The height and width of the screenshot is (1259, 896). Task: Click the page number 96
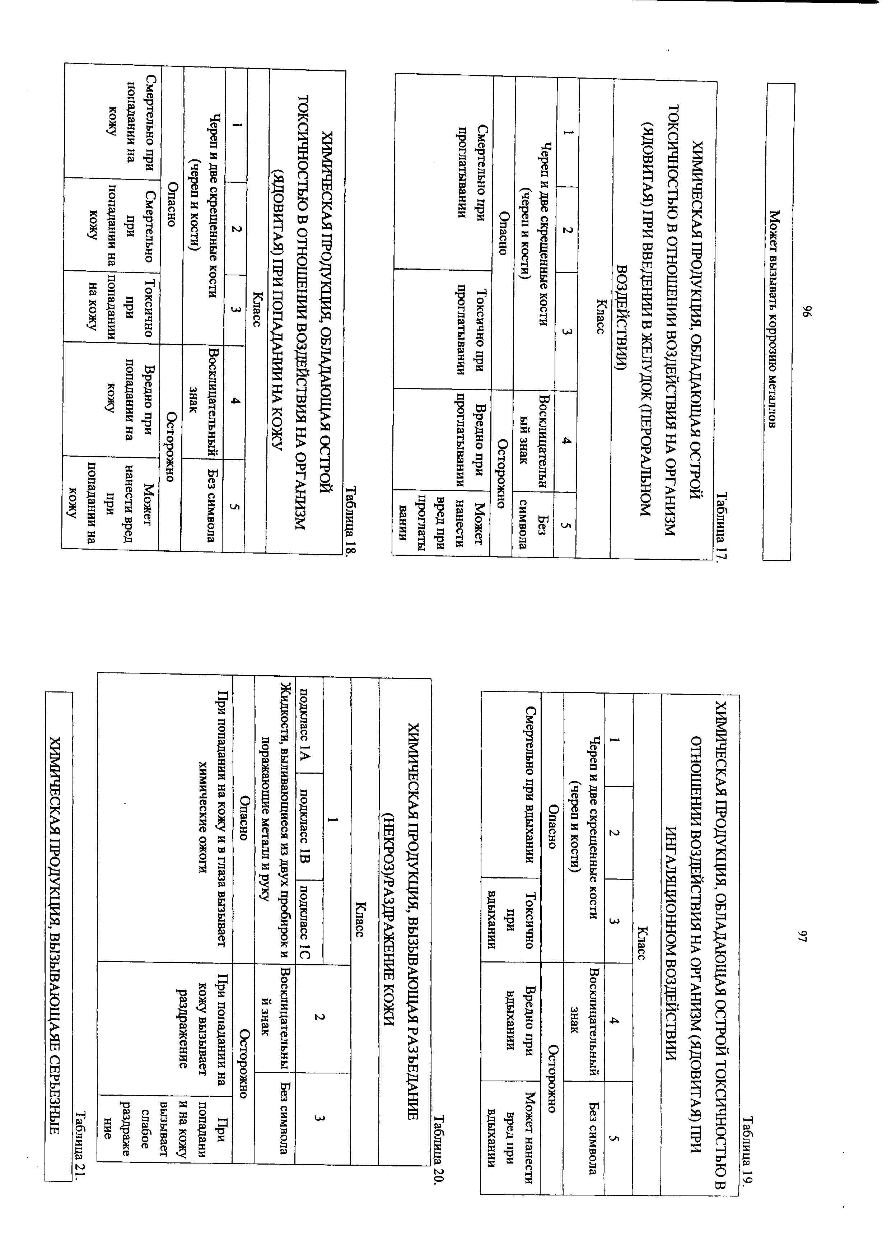[807, 311]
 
